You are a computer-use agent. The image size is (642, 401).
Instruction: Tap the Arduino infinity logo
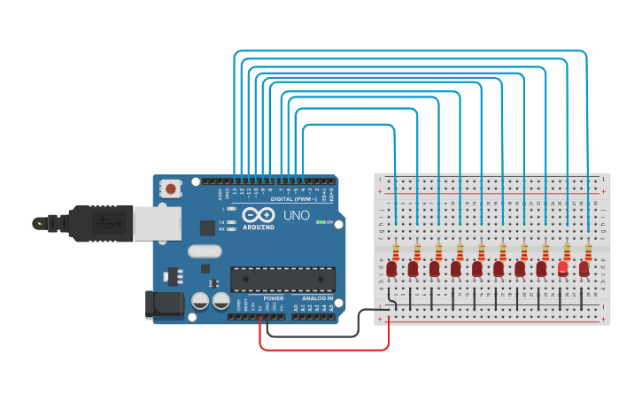(x=259, y=214)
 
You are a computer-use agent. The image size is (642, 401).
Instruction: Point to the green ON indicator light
(x=319, y=221)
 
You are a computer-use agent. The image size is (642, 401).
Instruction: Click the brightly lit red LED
(x=562, y=266)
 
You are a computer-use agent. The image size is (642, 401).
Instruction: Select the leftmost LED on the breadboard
(x=391, y=267)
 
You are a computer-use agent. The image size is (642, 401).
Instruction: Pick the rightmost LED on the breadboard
(x=584, y=267)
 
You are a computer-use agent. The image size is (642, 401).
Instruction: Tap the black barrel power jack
(x=163, y=305)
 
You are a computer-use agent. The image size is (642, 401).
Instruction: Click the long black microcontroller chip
(x=282, y=279)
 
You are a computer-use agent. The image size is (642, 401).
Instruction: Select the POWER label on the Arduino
(x=274, y=298)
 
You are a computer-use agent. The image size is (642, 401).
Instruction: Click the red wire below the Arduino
(x=323, y=349)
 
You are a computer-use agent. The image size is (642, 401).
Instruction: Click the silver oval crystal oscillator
(x=205, y=251)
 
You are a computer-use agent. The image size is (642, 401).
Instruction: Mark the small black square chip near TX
(x=207, y=227)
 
